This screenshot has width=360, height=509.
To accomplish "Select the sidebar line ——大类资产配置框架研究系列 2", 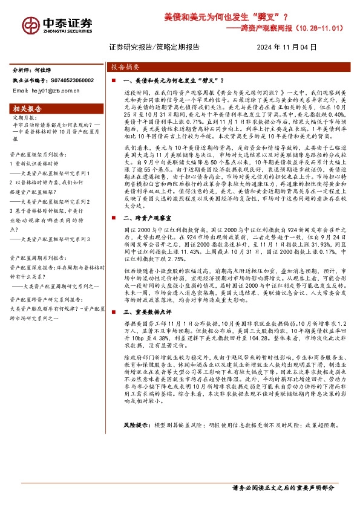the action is (x=55, y=201).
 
